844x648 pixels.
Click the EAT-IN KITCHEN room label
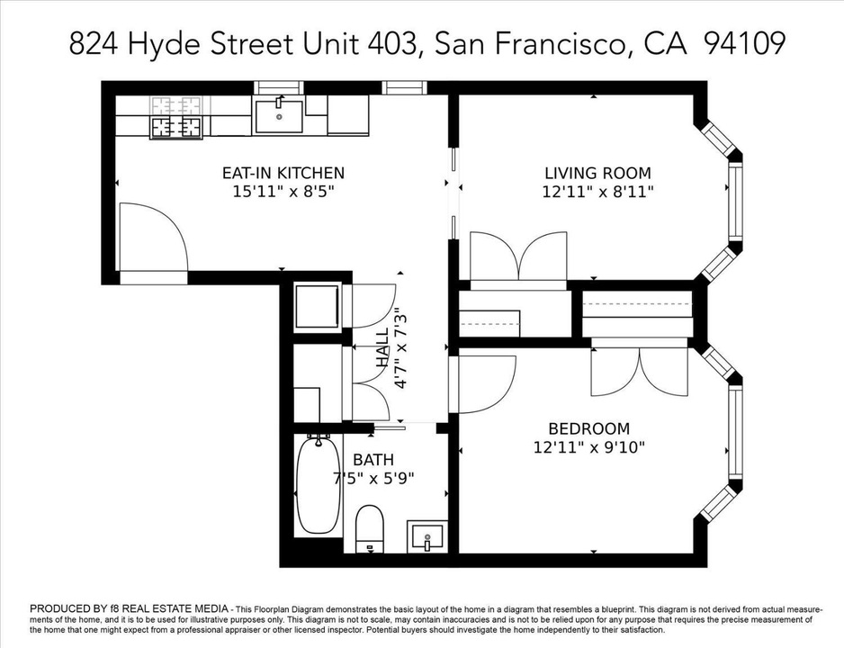283,173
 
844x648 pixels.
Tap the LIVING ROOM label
597,174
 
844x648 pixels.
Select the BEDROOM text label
588,429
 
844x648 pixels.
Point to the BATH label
373,460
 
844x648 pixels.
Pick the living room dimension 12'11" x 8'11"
597,192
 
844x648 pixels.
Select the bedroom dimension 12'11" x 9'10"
588,447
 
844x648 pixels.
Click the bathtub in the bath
319,485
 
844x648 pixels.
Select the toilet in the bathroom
370,528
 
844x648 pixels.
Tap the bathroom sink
427,536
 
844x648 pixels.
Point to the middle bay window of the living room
735,202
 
